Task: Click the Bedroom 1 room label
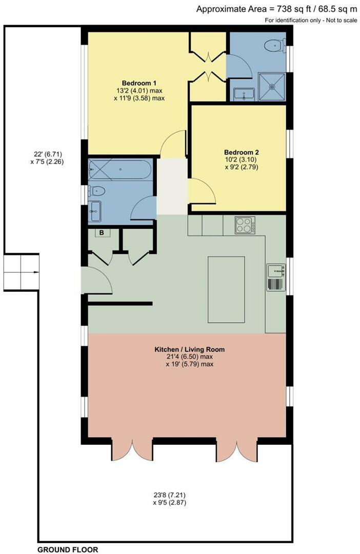[x=139, y=83]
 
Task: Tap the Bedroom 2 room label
[x=241, y=152]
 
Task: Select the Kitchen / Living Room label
[x=190, y=349]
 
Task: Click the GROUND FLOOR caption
[x=68, y=549]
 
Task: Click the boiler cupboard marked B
[x=102, y=233]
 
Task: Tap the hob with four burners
[x=245, y=225]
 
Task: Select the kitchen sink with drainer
[x=275, y=278]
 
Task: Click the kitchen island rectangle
[x=226, y=289]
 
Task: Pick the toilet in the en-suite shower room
[x=274, y=46]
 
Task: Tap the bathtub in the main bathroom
[x=120, y=169]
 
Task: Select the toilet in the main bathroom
[x=97, y=191]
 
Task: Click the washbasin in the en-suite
[x=244, y=94]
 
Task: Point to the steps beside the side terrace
[x=21, y=271]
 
